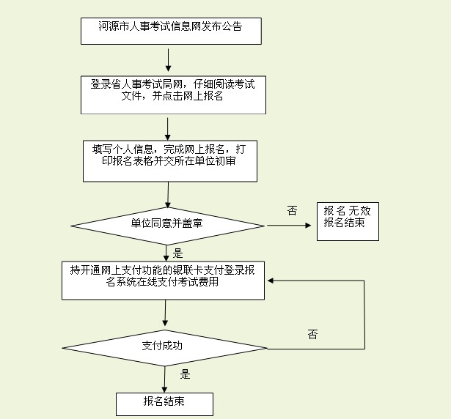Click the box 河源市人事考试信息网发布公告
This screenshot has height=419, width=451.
point(170,28)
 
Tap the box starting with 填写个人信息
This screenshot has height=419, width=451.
point(170,160)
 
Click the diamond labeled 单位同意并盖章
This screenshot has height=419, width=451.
point(167,223)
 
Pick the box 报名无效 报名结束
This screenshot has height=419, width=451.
point(348,220)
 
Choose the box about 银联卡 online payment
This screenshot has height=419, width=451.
point(163,278)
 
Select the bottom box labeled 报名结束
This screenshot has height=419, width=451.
point(164,403)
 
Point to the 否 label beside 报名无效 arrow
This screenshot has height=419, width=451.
point(292,211)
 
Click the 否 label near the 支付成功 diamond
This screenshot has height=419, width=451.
point(312,335)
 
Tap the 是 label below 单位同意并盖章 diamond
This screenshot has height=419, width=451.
point(178,253)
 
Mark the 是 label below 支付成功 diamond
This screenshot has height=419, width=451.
point(185,374)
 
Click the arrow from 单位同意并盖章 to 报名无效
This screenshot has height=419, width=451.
point(289,225)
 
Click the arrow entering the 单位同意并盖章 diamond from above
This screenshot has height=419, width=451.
point(169,194)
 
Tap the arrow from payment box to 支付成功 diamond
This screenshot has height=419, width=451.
point(165,313)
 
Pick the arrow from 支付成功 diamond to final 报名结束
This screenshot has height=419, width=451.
point(164,378)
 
